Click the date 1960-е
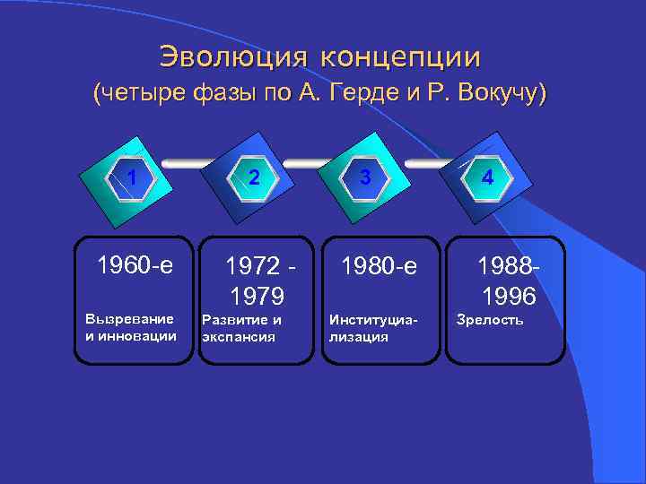point(134,265)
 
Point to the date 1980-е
point(379,265)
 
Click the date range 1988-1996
point(508,281)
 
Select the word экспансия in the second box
point(238,337)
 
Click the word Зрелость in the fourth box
point(490,319)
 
